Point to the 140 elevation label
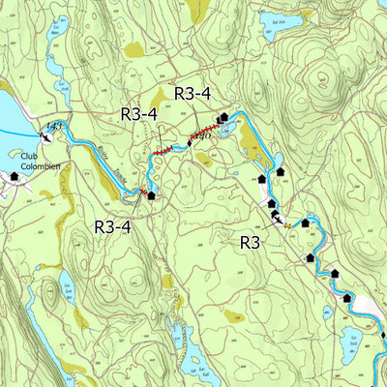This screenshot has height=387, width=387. pos(201,136)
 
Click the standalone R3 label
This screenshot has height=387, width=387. pos(251,242)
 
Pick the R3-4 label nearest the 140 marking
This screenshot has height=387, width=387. pos(192,93)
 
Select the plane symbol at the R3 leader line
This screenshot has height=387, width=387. pos(278,221)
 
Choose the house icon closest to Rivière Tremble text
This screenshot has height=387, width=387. pos(151,195)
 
